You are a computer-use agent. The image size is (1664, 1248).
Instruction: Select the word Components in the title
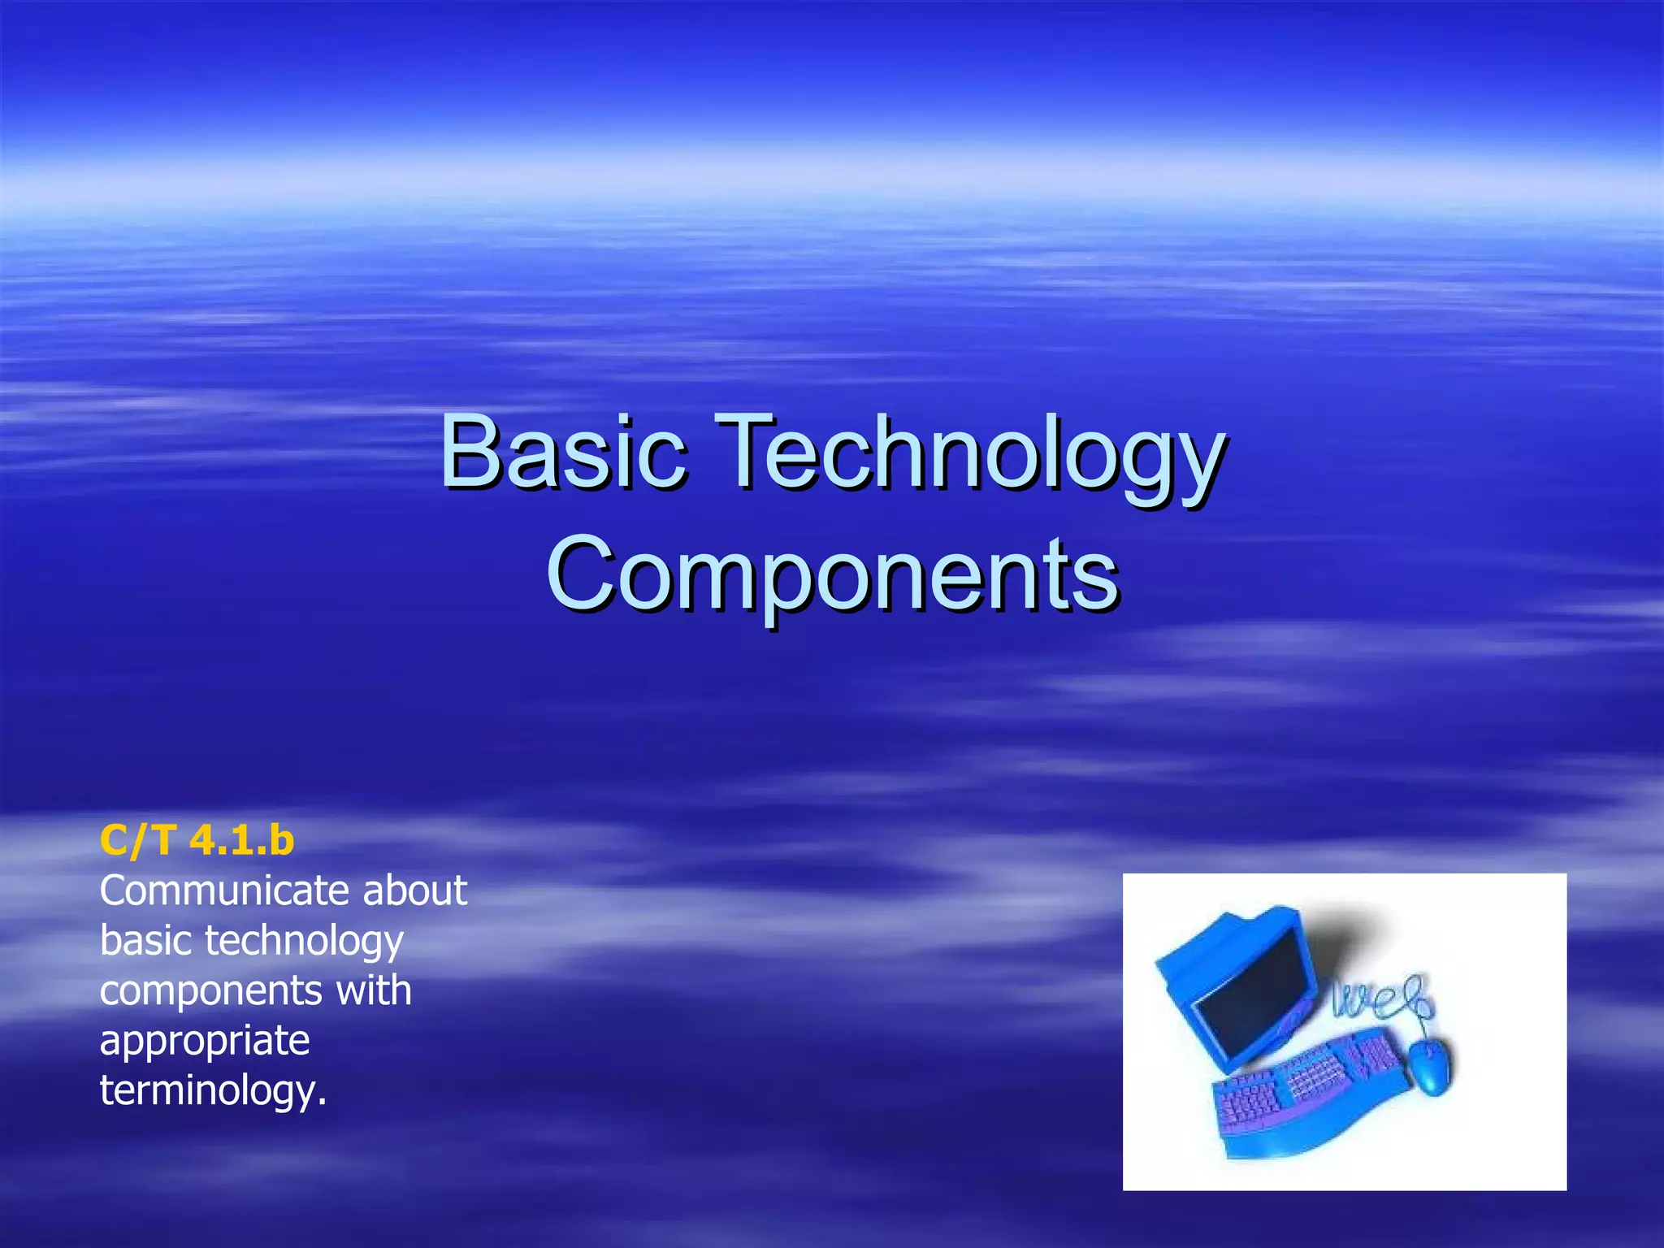(x=833, y=574)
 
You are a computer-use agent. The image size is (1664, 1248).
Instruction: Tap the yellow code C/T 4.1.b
(x=197, y=840)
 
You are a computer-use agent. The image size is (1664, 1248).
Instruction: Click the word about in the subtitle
(x=414, y=890)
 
